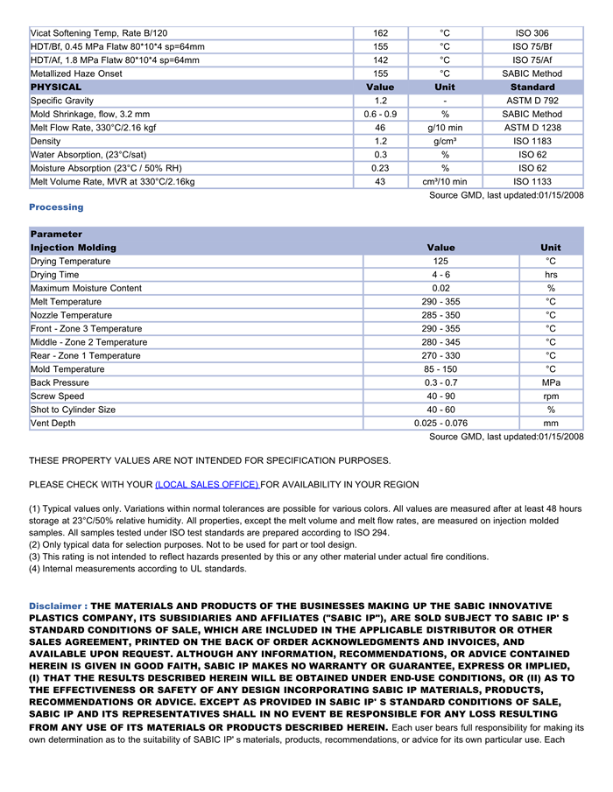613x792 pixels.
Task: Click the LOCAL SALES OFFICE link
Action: (207, 485)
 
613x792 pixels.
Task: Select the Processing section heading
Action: (56, 207)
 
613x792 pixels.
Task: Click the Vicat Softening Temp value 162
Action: (380, 33)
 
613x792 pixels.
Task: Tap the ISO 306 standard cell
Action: (532, 33)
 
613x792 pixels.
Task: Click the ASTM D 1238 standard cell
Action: (532, 128)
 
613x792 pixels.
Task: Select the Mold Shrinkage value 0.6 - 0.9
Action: (380, 115)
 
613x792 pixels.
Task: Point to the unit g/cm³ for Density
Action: (445, 142)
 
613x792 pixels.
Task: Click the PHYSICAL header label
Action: (56, 88)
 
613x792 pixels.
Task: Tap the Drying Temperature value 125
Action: (440, 262)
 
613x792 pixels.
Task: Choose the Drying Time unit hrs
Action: (551, 275)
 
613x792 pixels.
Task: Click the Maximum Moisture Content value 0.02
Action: (440, 289)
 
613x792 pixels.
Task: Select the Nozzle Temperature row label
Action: (71, 316)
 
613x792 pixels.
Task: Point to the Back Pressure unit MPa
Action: (551, 383)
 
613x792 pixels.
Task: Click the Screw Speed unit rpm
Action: (551, 396)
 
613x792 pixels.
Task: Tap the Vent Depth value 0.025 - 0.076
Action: (440, 424)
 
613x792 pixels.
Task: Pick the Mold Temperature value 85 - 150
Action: (440, 369)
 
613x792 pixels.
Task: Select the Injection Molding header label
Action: (74, 248)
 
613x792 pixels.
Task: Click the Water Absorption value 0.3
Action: (380, 155)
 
